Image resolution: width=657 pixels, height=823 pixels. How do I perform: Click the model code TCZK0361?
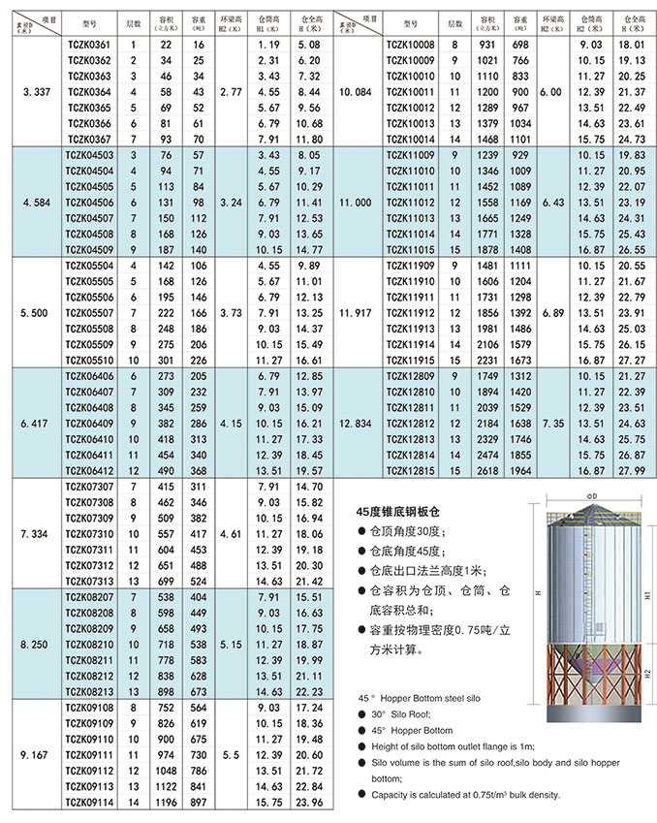coord(85,46)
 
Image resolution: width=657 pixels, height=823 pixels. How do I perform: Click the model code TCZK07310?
coord(85,534)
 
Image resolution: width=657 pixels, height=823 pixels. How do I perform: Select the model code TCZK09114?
coord(85,801)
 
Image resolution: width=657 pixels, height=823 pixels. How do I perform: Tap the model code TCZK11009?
coord(411,156)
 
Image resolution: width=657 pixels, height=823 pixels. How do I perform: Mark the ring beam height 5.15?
coord(232,645)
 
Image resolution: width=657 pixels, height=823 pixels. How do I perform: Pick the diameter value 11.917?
coord(358,313)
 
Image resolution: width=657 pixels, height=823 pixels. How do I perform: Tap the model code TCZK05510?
coord(85,358)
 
